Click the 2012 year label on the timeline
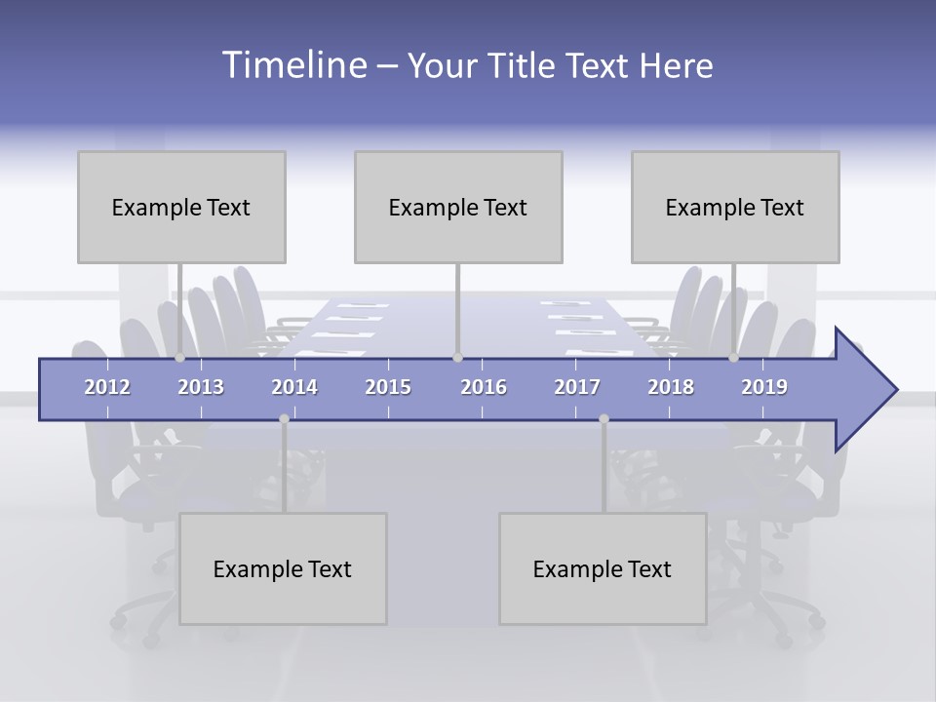107,387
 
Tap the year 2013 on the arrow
201,387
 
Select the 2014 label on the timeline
294,387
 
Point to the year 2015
388,387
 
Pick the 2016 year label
484,387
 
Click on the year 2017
577,387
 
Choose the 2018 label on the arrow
671,387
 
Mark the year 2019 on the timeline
764,387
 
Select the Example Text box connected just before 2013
181,207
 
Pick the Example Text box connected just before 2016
458,207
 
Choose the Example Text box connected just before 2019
735,207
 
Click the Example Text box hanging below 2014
283,568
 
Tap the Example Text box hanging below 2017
603,568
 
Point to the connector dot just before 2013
180,358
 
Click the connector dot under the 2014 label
284,419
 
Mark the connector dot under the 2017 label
604,419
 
